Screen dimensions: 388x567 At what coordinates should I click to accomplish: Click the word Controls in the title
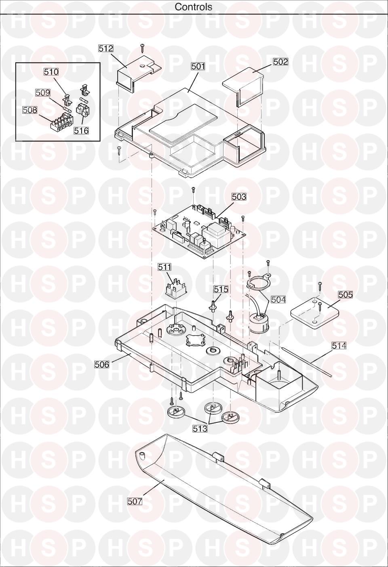194,7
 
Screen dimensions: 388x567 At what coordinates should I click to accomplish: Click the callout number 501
198,66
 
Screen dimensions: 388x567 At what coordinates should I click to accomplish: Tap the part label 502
280,62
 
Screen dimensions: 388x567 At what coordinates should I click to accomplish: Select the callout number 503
239,196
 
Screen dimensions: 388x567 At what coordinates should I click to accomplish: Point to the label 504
278,300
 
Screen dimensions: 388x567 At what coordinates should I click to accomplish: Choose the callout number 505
346,295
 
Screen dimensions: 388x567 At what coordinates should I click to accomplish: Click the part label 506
102,364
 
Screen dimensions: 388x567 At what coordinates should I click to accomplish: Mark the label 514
339,345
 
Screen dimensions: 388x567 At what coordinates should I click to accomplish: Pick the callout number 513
200,428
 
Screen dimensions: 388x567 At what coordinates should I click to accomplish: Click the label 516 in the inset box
81,130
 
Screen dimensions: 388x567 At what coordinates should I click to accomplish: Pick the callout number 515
221,289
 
